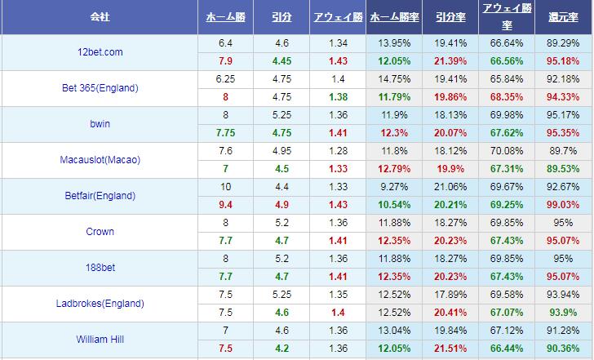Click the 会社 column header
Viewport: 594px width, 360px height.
pyautogui.click(x=100, y=16)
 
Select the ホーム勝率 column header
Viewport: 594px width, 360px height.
pyautogui.click(x=395, y=16)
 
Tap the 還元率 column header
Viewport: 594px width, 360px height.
pyautogui.click(x=564, y=16)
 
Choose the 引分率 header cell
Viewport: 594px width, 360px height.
pyautogui.click(x=450, y=16)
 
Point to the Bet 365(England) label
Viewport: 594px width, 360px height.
pyautogui.click(x=100, y=88)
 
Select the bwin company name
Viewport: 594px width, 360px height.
pyautogui.click(x=100, y=124)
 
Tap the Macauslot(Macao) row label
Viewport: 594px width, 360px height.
pyautogui.click(x=100, y=160)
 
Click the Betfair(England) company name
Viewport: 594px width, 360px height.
pyautogui.click(x=100, y=196)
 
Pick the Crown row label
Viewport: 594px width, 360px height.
pyautogui.click(x=100, y=232)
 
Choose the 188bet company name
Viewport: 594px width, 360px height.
pyautogui.click(x=100, y=268)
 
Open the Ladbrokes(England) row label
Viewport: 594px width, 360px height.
pyautogui.click(x=100, y=304)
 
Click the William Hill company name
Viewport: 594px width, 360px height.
pyautogui.click(x=100, y=340)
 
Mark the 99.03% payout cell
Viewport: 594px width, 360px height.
pyautogui.click(x=563, y=205)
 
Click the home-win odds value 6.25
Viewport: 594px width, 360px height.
pyautogui.click(x=225, y=79)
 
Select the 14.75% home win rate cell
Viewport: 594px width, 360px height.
pyautogui.click(x=395, y=79)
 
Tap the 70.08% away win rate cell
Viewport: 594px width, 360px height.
pyautogui.click(x=506, y=151)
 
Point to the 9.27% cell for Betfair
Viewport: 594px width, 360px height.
pyautogui.click(x=395, y=187)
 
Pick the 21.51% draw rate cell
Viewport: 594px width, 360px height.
pyautogui.click(x=450, y=349)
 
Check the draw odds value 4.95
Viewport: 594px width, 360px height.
pyautogui.click(x=281, y=151)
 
